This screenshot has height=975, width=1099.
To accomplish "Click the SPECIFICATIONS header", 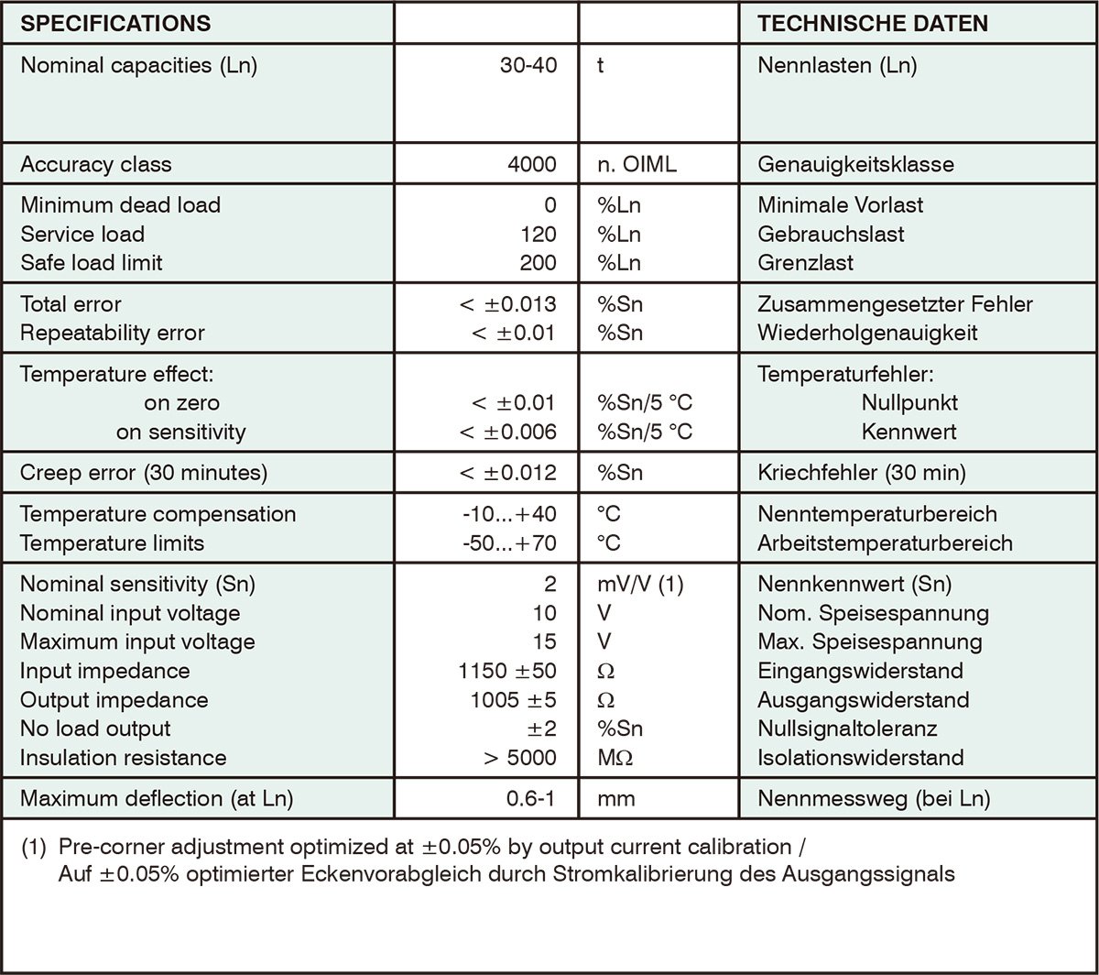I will [115, 23].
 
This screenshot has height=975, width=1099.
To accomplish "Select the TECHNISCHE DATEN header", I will [873, 23].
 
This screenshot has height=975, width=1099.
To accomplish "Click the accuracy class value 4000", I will [531, 165].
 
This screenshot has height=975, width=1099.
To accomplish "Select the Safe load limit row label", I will [91, 263].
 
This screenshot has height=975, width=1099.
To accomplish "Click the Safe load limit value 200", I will [538, 263].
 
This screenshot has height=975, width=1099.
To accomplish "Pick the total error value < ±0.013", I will [507, 303].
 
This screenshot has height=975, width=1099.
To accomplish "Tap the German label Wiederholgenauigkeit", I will [867, 333].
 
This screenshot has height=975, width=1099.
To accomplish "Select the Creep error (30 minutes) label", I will [144, 473].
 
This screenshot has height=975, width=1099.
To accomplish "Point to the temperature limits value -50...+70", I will [509, 542].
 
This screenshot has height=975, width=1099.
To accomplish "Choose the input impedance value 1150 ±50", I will [507, 671].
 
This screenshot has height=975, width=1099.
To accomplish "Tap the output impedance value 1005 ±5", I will [513, 700].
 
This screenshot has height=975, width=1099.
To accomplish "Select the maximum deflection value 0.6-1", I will [531, 798].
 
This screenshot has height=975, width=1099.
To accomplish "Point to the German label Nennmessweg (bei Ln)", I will [874, 798].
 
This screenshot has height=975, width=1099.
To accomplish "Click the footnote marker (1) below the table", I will [33, 845].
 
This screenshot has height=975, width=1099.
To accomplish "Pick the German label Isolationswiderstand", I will [861, 758].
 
